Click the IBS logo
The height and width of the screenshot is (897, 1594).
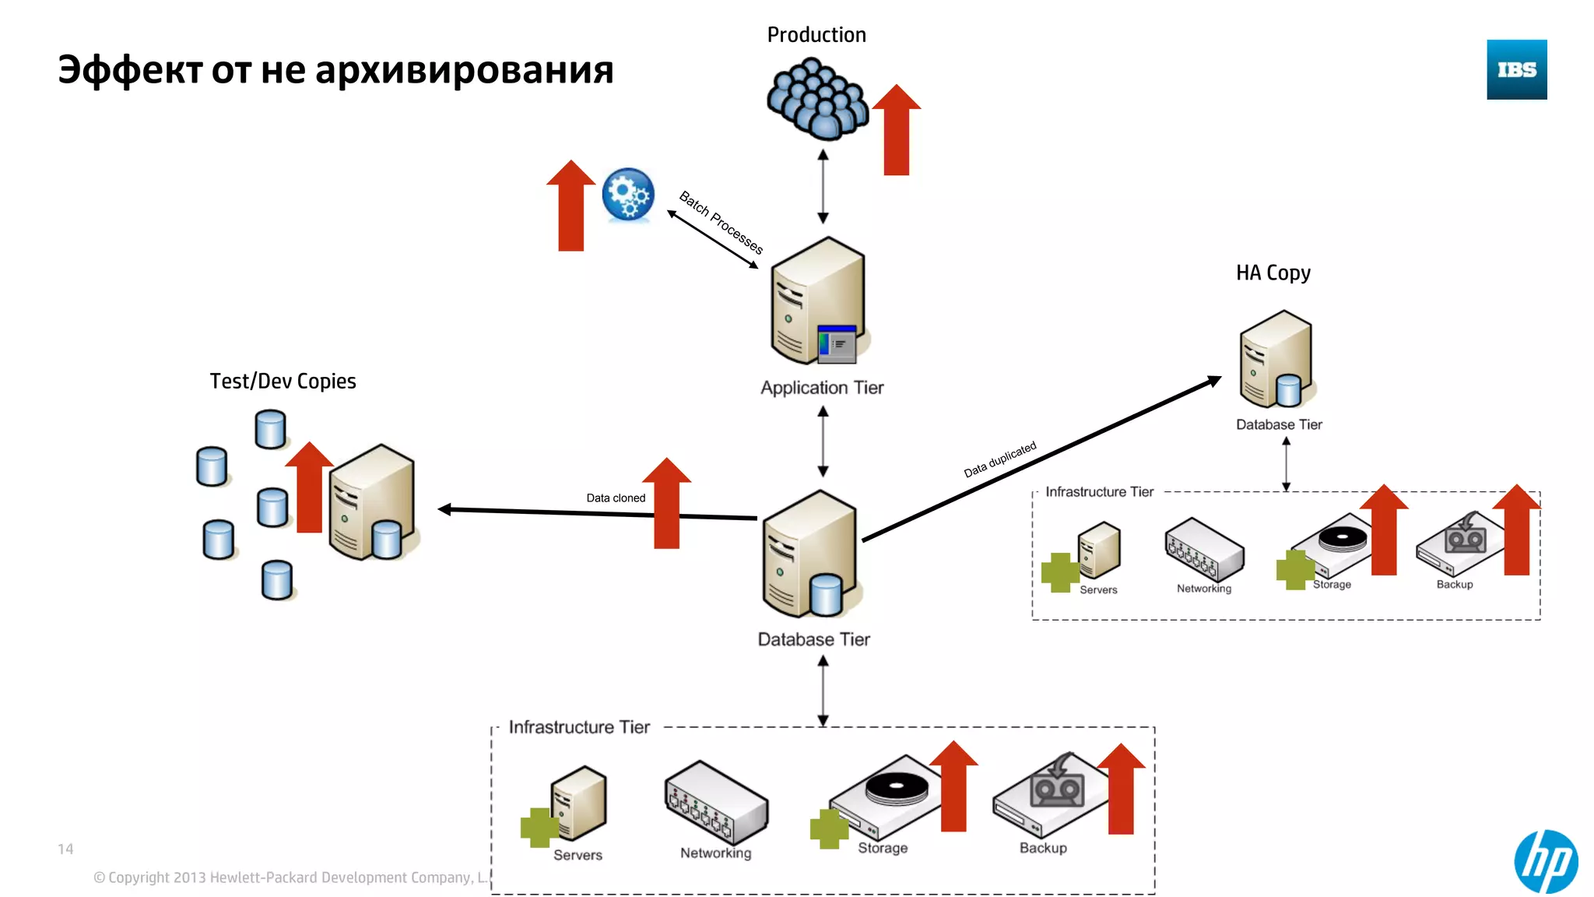(x=1516, y=69)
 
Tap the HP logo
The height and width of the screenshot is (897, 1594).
(x=1546, y=861)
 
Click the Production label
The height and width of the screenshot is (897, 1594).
(x=816, y=35)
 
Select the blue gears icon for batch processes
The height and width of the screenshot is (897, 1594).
(x=628, y=195)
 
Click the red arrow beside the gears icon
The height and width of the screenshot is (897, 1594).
(x=571, y=206)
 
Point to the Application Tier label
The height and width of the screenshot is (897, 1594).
(x=822, y=388)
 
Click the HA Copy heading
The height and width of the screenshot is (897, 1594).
(x=1273, y=273)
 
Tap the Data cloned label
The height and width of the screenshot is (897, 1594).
(x=616, y=498)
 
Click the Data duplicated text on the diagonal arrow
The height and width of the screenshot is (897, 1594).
(x=1000, y=459)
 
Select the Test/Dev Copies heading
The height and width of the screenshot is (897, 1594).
(x=283, y=381)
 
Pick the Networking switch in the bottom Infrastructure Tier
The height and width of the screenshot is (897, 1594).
(x=716, y=802)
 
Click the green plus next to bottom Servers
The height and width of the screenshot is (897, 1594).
(x=539, y=828)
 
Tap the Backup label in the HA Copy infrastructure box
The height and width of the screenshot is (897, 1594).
(x=1454, y=585)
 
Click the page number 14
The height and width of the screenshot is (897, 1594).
(x=65, y=850)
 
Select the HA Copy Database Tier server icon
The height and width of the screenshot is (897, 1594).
(x=1277, y=360)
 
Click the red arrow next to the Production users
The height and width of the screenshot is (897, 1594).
(x=897, y=130)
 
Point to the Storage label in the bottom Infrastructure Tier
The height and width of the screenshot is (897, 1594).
(x=883, y=848)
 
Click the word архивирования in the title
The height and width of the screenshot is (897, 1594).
(x=464, y=70)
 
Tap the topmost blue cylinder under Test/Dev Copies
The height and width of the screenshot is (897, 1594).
(x=270, y=430)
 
